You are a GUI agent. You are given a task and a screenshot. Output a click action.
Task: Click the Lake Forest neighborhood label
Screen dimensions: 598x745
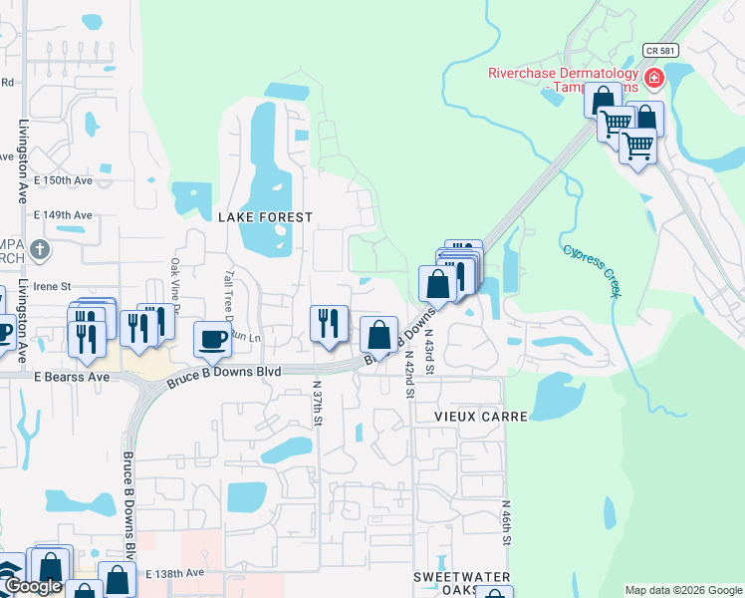click(265, 216)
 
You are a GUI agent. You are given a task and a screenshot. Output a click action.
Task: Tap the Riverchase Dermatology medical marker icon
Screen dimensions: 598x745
click(654, 78)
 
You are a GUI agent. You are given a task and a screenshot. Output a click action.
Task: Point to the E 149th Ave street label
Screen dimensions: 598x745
click(63, 214)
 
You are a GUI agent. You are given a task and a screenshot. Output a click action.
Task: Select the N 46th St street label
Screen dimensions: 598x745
click(506, 523)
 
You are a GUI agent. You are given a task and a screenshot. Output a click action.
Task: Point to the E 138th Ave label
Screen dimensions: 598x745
click(174, 574)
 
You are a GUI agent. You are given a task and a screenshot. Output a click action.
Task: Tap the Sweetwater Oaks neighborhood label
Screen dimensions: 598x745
click(463, 584)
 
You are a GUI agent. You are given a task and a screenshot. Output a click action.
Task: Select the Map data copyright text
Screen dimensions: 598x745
click(683, 590)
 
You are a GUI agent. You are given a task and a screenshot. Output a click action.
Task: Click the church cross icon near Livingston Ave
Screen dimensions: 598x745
click(39, 248)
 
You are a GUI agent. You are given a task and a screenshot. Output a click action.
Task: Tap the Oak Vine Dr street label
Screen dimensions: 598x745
click(175, 286)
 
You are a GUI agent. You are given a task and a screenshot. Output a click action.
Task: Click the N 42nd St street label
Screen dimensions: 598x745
click(408, 374)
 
